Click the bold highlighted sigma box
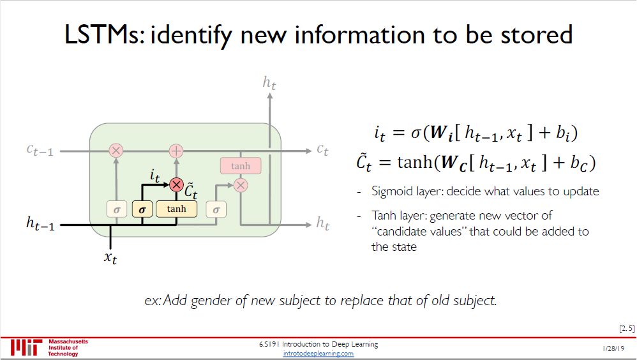(x=142, y=209)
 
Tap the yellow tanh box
(x=176, y=209)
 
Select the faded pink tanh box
(x=240, y=166)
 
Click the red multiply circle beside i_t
(x=176, y=184)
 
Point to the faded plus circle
(x=176, y=151)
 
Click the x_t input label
(x=110, y=259)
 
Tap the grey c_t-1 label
(x=40, y=151)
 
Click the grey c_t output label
(x=322, y=150)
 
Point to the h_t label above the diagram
(x=269, y=82)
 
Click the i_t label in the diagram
(x=154, y=174)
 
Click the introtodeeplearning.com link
(x=318, y=354)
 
